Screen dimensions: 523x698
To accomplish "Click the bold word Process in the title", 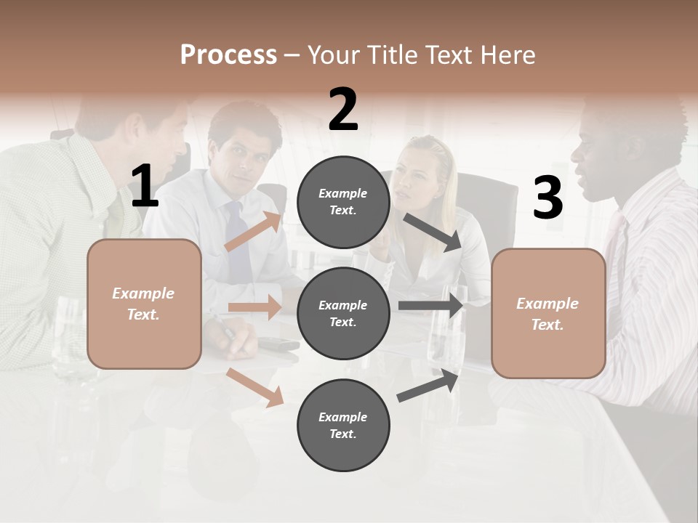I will (x=228, y=54).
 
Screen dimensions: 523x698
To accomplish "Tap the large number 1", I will (x=145, y=187).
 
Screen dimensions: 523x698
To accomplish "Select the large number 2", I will (x=343, y=110).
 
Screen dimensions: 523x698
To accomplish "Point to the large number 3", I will (x=547, y=198).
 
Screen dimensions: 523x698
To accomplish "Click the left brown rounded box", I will (x=144, y=304).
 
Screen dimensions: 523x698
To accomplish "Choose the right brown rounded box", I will (x=548, y=313).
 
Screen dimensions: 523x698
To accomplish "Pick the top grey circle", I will (x=343, y=202).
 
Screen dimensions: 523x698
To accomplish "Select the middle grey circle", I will (x=343, y=313).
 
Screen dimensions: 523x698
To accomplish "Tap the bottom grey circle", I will (x=343, y=425).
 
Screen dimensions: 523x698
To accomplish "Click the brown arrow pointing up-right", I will (x=253, y=231).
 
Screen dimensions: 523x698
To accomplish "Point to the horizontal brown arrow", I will (x=254, y=307).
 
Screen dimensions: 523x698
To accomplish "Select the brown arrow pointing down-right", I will (x=255, y=387).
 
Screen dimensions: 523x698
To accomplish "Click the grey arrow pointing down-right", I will (x=433, y=232).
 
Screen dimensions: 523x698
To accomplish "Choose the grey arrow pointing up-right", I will (x=428, y=386).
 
